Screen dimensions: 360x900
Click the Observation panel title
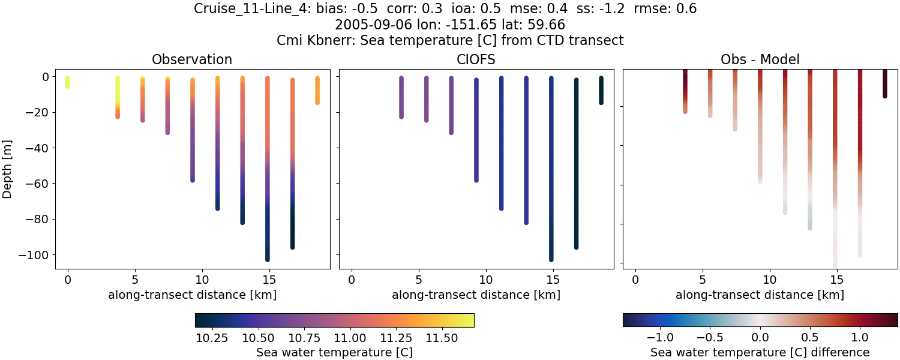click(192, 59)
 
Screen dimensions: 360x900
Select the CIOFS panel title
click(476, 59)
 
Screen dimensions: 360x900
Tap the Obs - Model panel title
click(760, 59)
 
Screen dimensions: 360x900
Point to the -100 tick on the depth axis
click(42, 255)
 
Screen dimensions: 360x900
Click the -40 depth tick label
click(45, 148)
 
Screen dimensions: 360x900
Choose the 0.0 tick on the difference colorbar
click(760, 335)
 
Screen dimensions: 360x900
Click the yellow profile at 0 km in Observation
click(68, 82)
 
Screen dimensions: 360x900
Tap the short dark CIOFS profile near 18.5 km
click(601, 90)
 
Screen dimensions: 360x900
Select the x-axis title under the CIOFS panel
click(476, 295)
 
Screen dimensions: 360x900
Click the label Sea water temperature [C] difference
click(760, 352)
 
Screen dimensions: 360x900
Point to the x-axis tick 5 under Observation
click(135, 279)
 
